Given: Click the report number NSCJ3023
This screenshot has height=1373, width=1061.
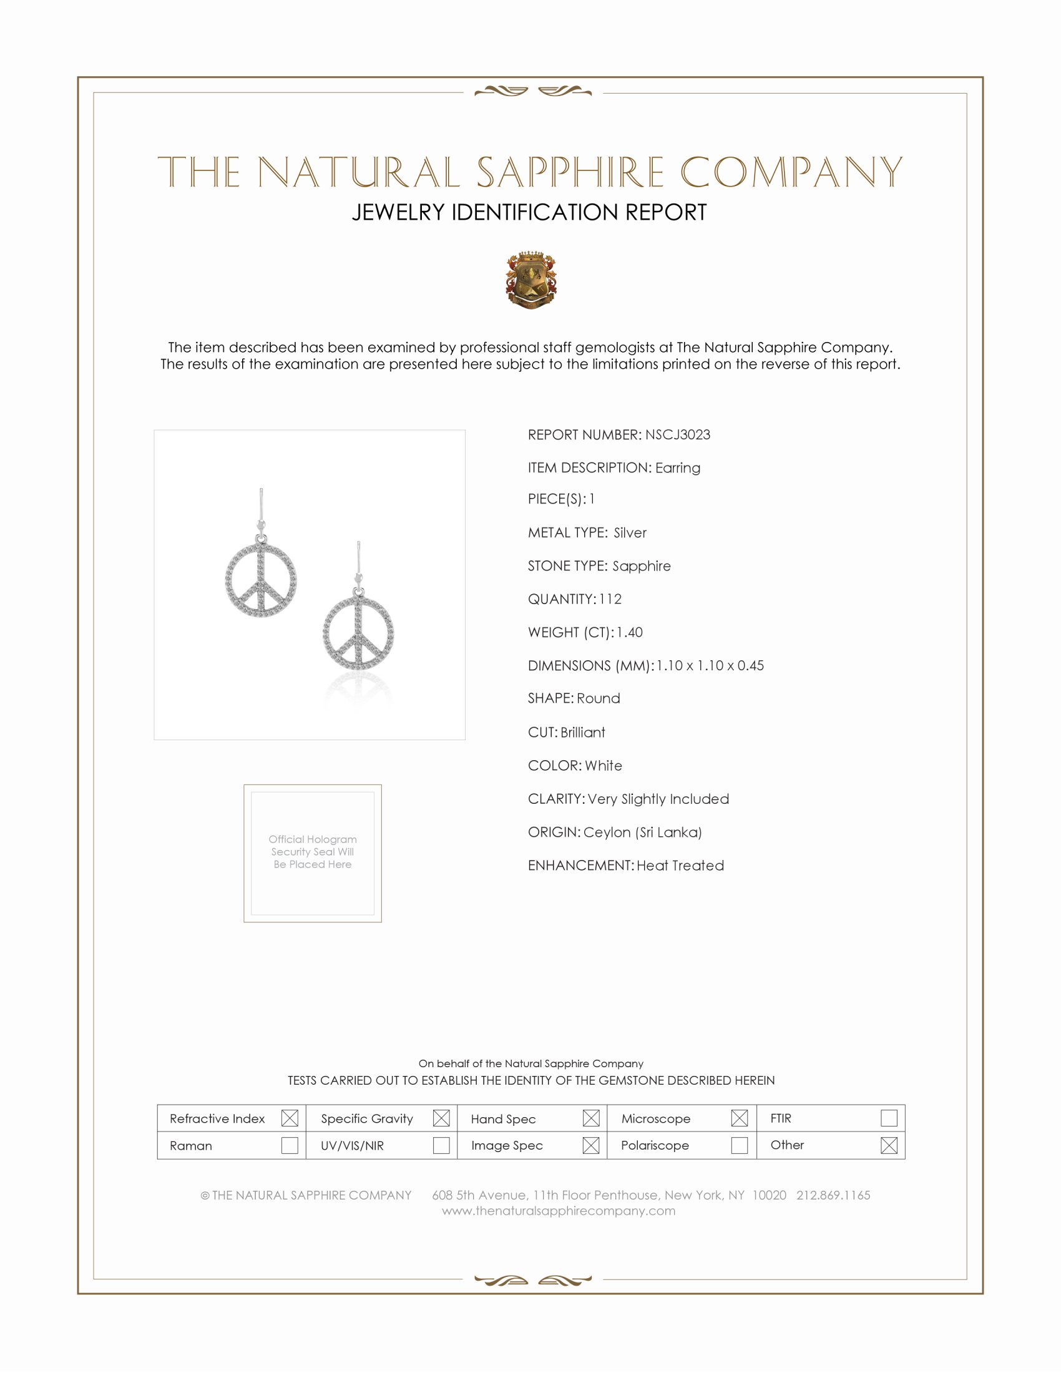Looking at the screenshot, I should [677, 434].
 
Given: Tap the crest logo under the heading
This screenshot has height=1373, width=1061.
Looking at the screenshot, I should [530, 280].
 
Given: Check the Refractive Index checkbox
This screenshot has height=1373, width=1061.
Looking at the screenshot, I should [289, 1118].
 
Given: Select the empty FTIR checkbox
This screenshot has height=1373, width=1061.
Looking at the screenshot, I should [888, 1118].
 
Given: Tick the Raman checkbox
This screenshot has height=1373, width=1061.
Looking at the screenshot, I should [289, 1145].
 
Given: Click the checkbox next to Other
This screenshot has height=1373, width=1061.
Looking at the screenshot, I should [888, 1145].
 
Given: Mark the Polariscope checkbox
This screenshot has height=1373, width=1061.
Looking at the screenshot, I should [739, 1145].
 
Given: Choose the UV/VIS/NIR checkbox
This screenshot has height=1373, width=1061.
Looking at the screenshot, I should [441, 1145].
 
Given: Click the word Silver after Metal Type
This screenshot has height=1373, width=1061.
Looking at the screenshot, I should [630, 532].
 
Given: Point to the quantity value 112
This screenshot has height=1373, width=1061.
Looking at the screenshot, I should [610, 599].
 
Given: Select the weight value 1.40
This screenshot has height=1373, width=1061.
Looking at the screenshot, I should [629, 632].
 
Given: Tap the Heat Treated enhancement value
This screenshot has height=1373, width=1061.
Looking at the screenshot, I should [680, 865].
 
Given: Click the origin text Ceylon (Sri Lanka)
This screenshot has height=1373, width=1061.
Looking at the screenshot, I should [642, 832].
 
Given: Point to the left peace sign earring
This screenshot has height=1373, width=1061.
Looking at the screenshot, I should [261, 579].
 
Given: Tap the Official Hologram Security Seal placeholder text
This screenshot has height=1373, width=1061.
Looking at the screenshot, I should [313, 851].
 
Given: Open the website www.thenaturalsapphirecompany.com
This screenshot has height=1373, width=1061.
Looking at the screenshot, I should [558, 1211].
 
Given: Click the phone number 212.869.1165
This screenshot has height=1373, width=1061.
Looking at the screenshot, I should [833, 1195].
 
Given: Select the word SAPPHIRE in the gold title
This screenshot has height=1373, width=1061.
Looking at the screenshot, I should [569, 172].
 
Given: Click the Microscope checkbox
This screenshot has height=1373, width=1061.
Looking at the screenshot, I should [739, 1118].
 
